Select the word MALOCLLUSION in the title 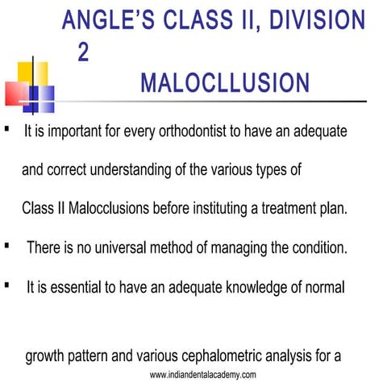click(x=224, y=84)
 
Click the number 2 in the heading click(x=83, y=52)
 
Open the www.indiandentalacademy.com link click(x=203, y=376)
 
